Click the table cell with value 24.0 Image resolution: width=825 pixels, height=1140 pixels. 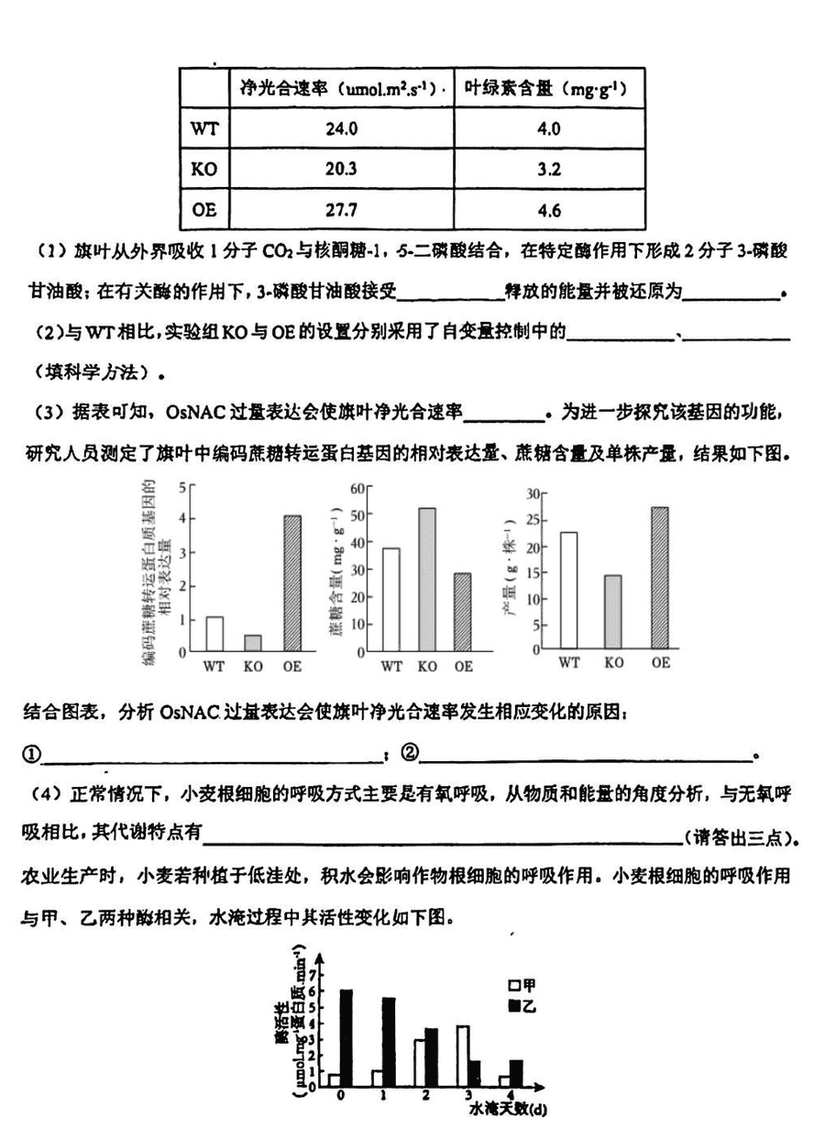pyautogui.click(x=341, y=128)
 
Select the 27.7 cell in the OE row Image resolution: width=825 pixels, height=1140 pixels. pyautogui.click(x=341, y=210)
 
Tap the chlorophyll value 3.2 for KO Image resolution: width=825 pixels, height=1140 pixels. pyautogui.click(x=549, y=170)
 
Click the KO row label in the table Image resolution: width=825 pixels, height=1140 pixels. pyautogui.click(x=203, y=170)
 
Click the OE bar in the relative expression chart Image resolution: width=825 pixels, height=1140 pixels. pyautogui.click(x=291, y=583)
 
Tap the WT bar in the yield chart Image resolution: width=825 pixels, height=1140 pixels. pyautogui.click(x=568, y=591)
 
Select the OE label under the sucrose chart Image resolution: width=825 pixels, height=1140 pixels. pyautogui.click(x=463, y=666)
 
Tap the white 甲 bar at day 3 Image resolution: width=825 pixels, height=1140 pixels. pyautogui.click(x=463, y=1056)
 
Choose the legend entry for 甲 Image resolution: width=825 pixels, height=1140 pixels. pyautogui.click(x=523, y=985)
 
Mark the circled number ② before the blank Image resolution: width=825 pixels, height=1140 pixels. pyautogui.click(x=409, y=754)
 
